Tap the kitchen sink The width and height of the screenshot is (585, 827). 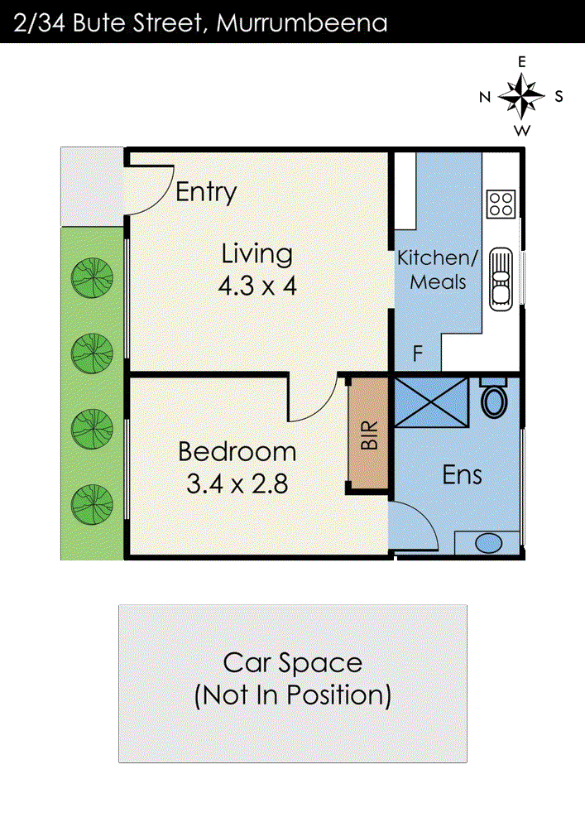501,279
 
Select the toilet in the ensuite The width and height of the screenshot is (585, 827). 494,398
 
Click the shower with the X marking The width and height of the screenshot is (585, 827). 431,401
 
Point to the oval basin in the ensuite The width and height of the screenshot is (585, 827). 489,544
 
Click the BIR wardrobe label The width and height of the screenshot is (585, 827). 369,435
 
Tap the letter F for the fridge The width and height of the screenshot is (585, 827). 418,353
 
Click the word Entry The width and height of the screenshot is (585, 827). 206,192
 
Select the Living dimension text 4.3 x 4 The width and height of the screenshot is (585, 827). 257,286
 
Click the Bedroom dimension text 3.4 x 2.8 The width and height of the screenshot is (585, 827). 237,484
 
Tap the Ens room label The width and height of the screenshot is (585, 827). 463,474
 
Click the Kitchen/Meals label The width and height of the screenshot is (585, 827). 438,270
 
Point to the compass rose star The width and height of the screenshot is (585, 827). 521,96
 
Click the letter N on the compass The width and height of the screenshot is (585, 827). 485,97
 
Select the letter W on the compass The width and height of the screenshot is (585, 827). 522,130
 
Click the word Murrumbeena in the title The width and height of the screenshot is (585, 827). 302,23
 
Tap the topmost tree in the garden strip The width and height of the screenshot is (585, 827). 92,278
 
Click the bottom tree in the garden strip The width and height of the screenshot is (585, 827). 92,505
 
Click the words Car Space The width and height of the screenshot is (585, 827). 293,663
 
